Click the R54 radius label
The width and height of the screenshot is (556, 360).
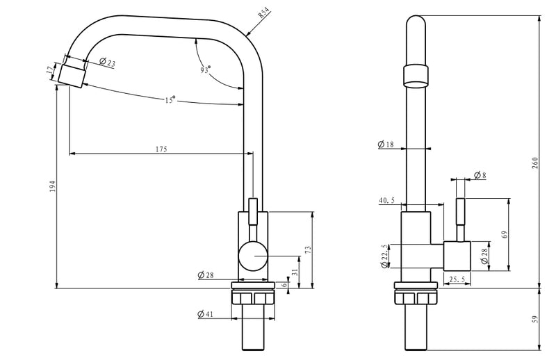(x=264, y=14)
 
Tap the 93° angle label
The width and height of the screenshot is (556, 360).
(x=205, y=69)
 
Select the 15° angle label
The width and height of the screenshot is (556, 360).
(x=170, y=99)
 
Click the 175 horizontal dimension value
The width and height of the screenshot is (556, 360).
(x=161, y=149)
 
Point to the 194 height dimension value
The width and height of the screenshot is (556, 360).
(x=53, y=186)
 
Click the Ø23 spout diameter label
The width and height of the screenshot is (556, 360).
(x=108, y=62)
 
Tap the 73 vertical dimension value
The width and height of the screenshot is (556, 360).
(x=308, y=249)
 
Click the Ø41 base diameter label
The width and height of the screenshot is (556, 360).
(x=206, y=314)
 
